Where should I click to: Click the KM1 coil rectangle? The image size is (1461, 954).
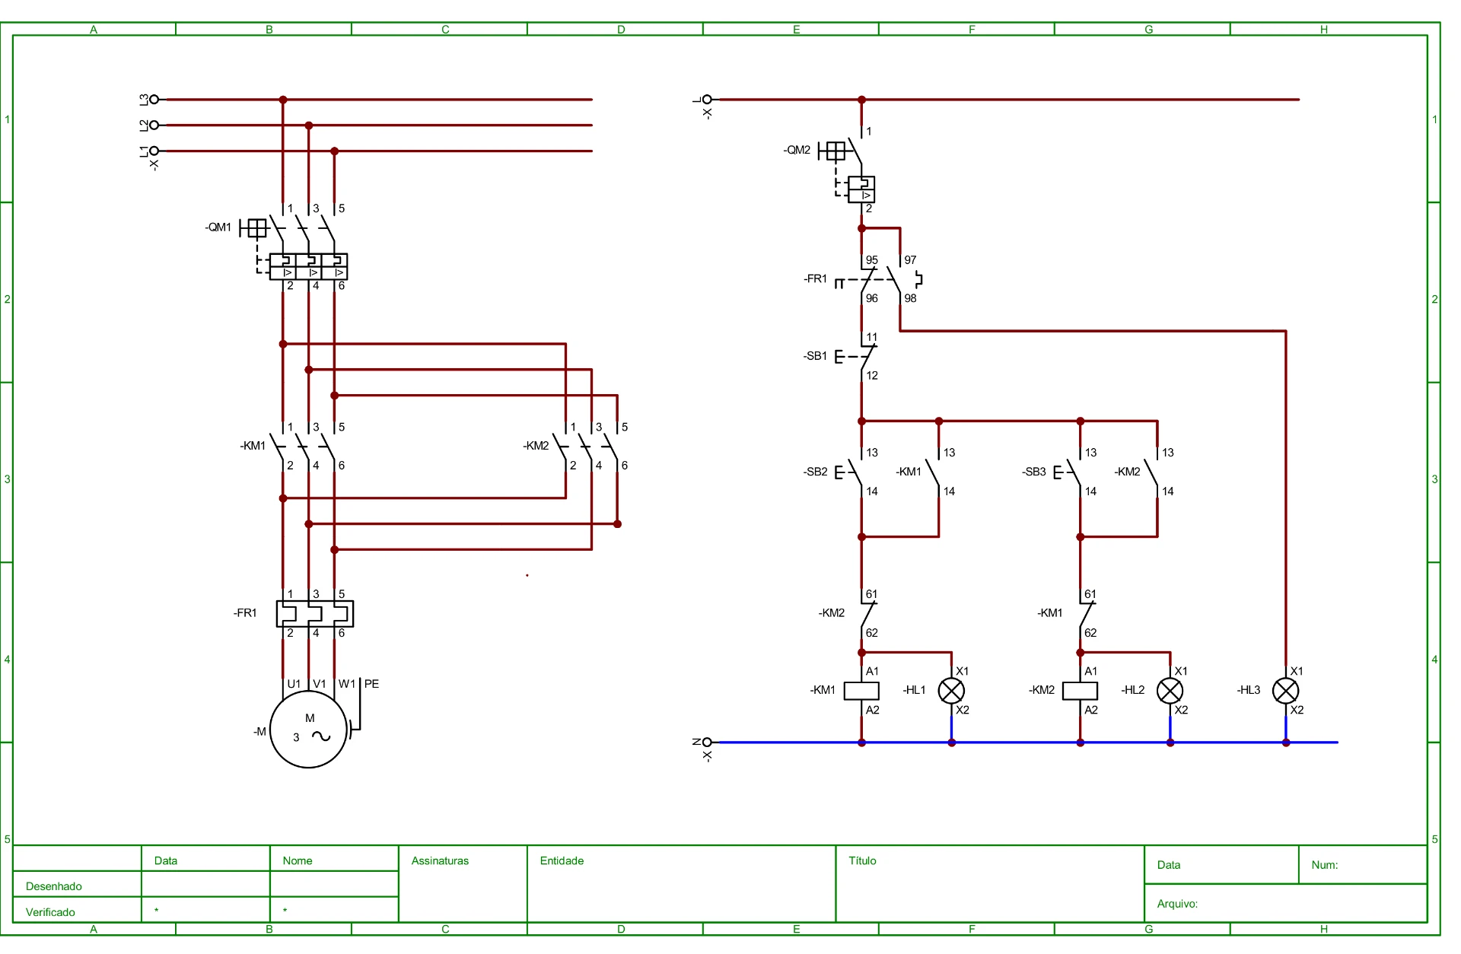(861, 691)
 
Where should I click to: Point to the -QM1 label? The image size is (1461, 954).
(218, 227)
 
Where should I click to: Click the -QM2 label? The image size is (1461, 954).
(797, 150)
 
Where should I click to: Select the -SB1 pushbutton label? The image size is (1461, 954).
(815, 356)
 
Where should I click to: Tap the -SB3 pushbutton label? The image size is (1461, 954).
(1033, 472)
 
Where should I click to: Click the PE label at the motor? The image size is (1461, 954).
(371, 684)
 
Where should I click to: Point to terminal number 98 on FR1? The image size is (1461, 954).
(910, 298)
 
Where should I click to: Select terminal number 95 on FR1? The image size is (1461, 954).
(872, 260)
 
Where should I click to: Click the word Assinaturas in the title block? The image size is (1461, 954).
(440, 860)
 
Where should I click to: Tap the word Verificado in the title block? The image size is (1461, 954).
(50, 912)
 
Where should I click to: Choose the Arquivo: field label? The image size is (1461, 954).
(1177, 904)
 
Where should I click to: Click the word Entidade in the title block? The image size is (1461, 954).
(562, 860)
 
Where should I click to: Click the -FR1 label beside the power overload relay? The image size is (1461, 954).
(245, 613)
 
